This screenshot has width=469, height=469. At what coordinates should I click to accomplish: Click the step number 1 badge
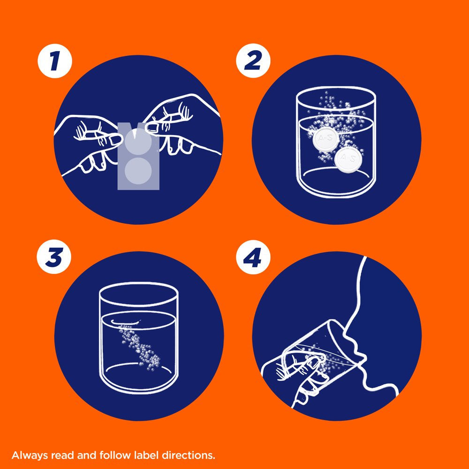pos(55,61)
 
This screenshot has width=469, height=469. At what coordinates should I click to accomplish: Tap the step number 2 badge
pos(253,61)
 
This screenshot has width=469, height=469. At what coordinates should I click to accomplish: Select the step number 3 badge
pos(54,257)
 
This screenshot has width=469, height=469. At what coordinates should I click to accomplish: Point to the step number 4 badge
pos(253,257)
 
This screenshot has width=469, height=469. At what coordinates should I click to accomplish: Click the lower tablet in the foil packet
pos(138,171)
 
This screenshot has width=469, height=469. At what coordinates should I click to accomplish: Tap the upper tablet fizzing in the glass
pos(326,139)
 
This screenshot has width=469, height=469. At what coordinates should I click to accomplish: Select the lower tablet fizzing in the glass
pos(347,159)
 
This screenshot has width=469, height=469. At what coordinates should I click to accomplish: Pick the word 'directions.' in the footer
pos(189,455)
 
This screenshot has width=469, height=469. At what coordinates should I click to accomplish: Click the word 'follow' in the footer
pos(115,455)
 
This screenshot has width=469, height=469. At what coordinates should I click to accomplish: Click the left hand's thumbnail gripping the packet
pos(115,139)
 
